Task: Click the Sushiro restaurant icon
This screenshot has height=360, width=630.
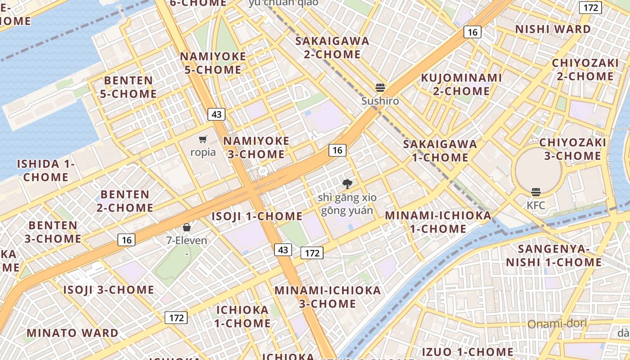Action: pos(380,87)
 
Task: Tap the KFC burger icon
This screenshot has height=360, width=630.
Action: pos(535,193)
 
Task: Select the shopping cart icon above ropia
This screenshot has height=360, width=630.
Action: pos(203,139)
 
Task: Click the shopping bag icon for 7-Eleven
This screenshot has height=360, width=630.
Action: pos(187,227)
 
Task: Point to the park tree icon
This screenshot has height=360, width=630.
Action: pos(347,184)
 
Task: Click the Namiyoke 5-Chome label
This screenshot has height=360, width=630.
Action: pos(213,63)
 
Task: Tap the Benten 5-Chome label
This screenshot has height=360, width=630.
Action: pos(130,87)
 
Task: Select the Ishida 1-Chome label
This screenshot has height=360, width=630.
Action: pos(46,170)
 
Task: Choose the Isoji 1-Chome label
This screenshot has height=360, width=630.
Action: pos(257,216)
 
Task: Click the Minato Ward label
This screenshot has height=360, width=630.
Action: pos(72,333)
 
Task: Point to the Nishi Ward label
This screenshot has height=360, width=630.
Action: pos(553,29)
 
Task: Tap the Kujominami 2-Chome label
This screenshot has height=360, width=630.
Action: pos(461,84)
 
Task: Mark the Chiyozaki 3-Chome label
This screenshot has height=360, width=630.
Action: pos(572,149)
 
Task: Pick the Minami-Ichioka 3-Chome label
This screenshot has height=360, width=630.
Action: pos(328,297)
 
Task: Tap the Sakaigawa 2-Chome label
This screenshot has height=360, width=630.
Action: pos(332,48)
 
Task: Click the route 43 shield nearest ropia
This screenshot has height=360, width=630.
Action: pos(216,114)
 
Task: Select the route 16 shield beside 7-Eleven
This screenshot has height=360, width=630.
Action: pos(126,240)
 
